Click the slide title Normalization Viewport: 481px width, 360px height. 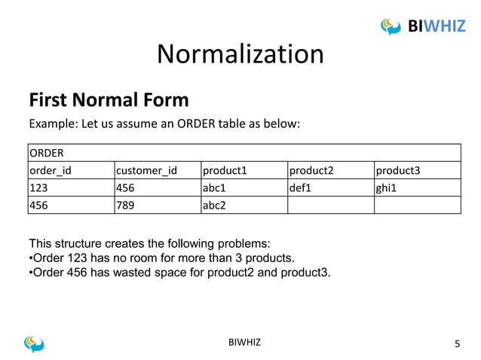pos(240,53)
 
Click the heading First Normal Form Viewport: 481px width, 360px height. pos(108,100)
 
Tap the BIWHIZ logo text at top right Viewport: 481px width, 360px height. pos(438,27)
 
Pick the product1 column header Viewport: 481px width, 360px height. pos(225,170)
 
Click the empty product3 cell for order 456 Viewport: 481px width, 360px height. pos(417,205)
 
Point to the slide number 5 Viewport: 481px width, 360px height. pos(455,344)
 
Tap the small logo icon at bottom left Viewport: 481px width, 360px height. pos(35,343)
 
